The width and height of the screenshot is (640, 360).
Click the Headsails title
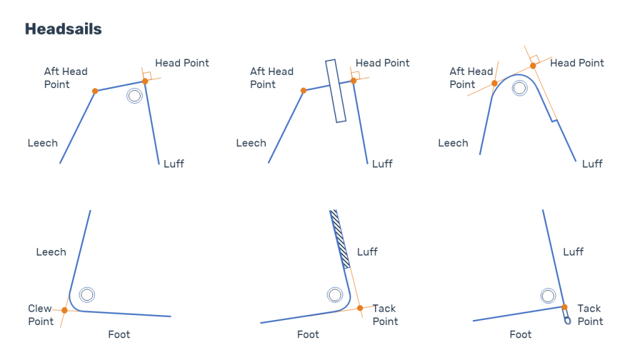click(x=63, y=29)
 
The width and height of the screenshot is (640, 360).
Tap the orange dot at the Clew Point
click(x=64, y=310)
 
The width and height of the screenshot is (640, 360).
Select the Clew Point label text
click(x=41, y=315)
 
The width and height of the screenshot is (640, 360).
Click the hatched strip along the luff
click(x=340, y=239)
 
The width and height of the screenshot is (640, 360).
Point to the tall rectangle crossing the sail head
click(x=336, y=91)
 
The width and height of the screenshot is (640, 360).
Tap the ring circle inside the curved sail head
click(x=519, y=88)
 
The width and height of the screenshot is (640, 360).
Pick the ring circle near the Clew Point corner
click(x=87, y=295)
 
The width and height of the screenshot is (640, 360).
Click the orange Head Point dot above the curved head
click(x=533, y=66)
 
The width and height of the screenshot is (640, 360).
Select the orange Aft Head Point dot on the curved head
click(x=494, y=83)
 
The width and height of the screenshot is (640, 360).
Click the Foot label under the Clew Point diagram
click(x=119, y=335)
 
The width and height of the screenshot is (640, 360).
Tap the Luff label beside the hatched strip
click(x=367, y=252)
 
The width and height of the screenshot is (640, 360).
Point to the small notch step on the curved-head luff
click(x=554, y=121)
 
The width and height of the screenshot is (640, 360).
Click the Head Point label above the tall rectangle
click(x=382, y=63)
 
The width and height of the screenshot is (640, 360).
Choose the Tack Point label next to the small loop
click(x=590, y=315)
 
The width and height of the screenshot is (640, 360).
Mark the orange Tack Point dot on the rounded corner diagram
click(x=360, y=308)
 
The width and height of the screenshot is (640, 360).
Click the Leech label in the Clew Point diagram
click(x=51, y=252)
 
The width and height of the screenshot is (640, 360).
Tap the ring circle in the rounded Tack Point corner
click(x=335, y=295)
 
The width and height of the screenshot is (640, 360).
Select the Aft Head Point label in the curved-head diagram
click(x=471, y=78)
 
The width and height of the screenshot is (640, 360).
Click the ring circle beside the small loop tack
click(x=548, y=296)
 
